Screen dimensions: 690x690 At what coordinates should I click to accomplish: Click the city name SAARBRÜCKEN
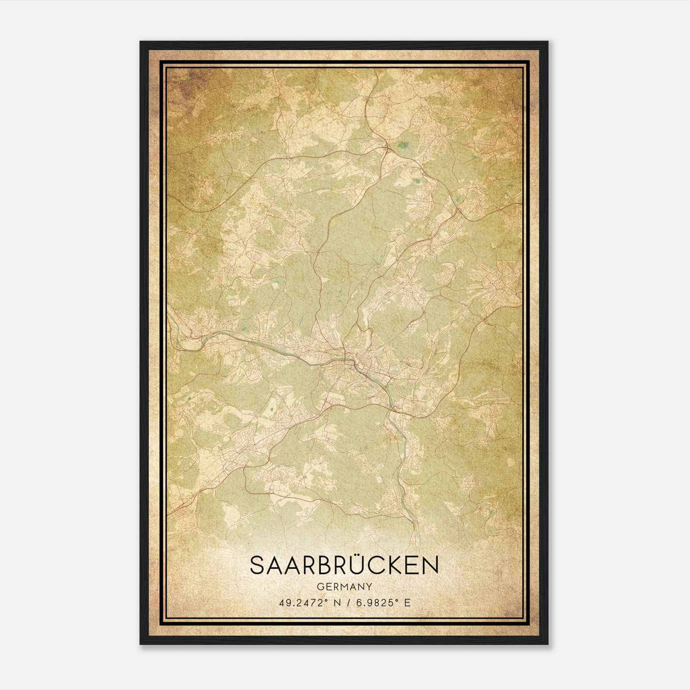[344, 565]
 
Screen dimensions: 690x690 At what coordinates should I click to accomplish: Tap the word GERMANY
[344, 586]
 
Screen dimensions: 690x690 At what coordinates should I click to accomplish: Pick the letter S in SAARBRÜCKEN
[257, 565]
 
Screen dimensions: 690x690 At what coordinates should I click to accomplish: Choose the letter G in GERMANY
[320, 586]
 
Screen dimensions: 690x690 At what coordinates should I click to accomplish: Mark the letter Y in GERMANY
[369, 586]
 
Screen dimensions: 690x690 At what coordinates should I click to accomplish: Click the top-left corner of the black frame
[141, 42]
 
